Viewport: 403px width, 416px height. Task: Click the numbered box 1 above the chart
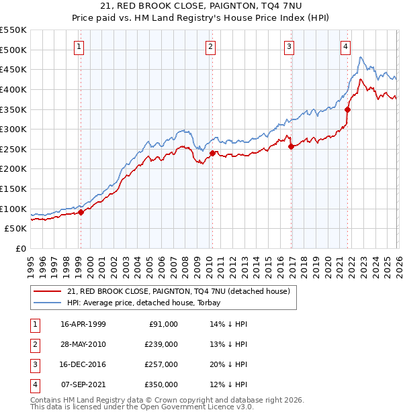click(x=79, y=46)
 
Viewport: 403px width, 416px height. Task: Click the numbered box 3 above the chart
click(x=289, y=46)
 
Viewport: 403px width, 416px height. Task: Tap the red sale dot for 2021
click(x=347, y=109)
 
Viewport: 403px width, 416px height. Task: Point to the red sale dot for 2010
click(x=212, y=153)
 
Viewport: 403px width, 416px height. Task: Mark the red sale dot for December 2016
click(x=291, y=146)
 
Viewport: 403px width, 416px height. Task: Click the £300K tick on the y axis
click(x=13, y=129)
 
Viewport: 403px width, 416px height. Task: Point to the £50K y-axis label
click(x=15, y=228)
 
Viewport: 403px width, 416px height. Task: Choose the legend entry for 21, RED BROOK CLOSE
click(x=178, y=291)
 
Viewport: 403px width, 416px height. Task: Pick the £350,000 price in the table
click(x=161, y=384)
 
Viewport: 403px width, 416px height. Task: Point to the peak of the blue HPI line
click(x=361, y=57)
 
